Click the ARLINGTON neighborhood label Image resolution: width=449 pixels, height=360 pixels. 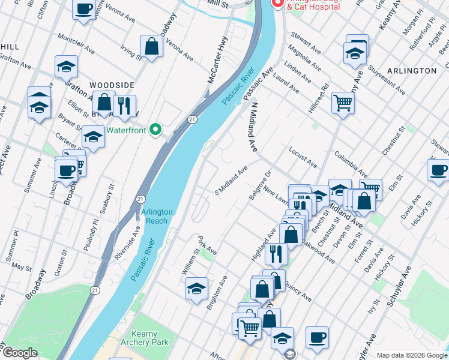pos(412,71)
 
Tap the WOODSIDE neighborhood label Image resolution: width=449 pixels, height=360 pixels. pos(112,86)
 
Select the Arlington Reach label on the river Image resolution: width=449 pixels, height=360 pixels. pos(157,216)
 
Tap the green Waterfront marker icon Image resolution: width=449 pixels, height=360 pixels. pos(156,130)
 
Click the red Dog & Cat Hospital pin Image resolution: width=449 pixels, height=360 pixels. pos(277,3)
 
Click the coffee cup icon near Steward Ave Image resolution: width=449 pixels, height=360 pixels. pos(439,170)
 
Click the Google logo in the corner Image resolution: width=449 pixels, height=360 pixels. pos(19,353)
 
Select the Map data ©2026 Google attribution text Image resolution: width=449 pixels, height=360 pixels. pos(411,355)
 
